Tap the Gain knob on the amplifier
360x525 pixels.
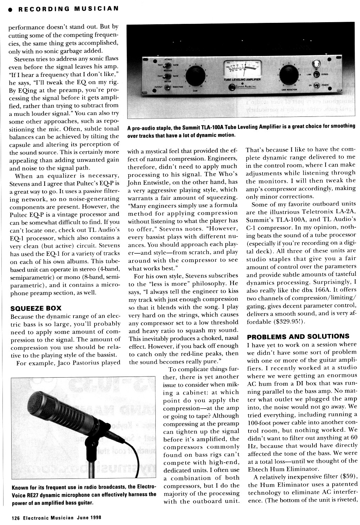(193, 75)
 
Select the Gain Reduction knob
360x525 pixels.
(288, 74)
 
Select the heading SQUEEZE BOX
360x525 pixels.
(32, 309)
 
